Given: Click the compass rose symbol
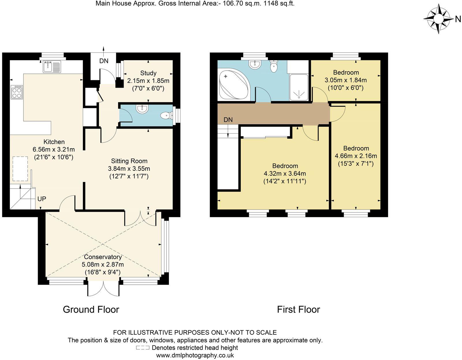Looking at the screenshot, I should (x=438, y=19).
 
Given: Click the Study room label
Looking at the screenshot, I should (x=148, y=73).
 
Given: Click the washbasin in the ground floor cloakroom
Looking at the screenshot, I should (x=142, y=109).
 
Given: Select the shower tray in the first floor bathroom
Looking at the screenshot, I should (x=299, y=87).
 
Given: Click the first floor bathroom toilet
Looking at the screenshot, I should (x=273, y=67).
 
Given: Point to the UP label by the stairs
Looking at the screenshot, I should (x=42, y=199).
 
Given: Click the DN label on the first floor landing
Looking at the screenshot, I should (x=228, y=120).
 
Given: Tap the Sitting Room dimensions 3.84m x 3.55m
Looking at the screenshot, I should (x=129, y=168).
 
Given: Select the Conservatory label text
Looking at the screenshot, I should (x=103, y=257).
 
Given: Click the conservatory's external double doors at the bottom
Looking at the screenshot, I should (x=103, y=288).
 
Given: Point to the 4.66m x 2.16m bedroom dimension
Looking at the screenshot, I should (x=356, y=156).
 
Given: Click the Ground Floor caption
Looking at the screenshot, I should (x=91, y=310).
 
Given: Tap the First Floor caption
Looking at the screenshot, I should (x=298, y=310).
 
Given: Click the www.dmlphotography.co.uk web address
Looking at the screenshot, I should (x=195, y=355).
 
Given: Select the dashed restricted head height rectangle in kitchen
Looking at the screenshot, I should (x=20, y=169).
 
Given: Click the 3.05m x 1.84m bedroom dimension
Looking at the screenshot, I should (x=346, y=80).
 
